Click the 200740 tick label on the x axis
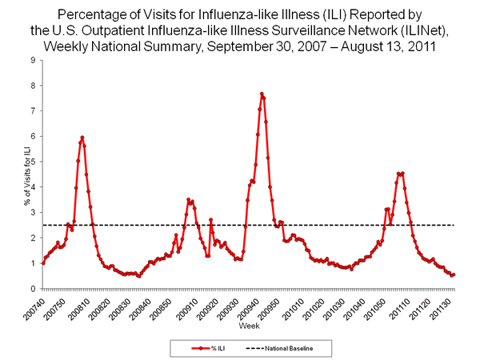pyautogui.click(x=33, y=305)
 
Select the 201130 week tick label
pyautogui.click(x=450, y=305)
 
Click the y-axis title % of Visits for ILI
pyautogui.click(x=14, y=174)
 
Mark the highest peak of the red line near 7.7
pyautogui.click(x=262, y=94)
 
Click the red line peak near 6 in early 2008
pyautogui.click(x=82, y=138)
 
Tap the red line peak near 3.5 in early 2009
pyautogui.click(x=188, y=200)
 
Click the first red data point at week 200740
pyautogui.click(x=42, y=263)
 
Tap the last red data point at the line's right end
pyautogui.click(x=454, y=274)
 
